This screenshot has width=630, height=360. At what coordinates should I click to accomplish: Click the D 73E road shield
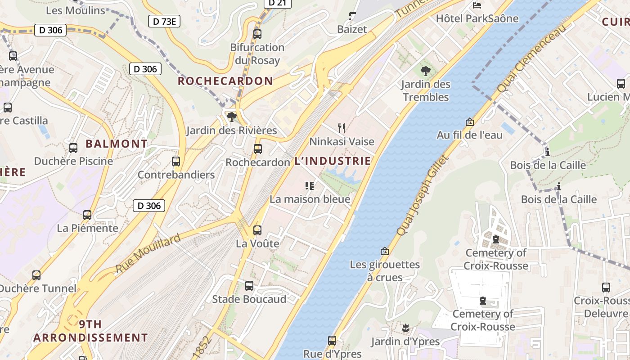[x=164, y=21]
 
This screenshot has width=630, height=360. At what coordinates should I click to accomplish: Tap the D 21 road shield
[x=277, y=3]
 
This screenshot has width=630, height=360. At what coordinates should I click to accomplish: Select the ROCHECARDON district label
[x=225, y=81]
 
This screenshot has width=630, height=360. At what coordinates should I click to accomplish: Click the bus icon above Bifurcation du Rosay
[x=257, y=34]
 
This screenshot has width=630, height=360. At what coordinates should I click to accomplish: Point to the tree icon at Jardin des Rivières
[x=232, y=117]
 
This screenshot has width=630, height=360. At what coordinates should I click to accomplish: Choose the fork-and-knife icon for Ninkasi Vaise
[x=342, y=128]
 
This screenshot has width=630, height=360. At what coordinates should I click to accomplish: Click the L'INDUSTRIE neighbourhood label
[x=333, y=161]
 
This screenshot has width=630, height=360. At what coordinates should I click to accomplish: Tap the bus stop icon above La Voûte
[x=257, y=230]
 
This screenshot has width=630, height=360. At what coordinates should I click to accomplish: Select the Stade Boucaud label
[x=249, y=299]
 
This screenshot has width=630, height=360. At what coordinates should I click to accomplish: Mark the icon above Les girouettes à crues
[x=384, y=251]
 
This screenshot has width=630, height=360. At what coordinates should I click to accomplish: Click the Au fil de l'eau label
[x=470, y=135]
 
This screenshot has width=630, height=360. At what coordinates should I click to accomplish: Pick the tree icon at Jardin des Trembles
[x=425, y=71]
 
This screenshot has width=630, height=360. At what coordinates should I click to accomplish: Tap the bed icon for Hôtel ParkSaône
[x=477, y=5]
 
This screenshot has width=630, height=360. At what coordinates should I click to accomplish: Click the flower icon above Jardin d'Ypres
[x=405, y=328]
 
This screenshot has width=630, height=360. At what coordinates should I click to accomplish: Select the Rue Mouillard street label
[x=148, y=253]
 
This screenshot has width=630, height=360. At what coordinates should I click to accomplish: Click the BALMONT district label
[x=117, y=144]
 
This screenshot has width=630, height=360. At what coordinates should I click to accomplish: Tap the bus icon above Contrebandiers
[x=176, y=161]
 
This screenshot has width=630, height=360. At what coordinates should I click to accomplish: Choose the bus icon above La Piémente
[x=87, y=215]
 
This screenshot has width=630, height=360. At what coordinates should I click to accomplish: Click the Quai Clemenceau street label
[x=531, y=58]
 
